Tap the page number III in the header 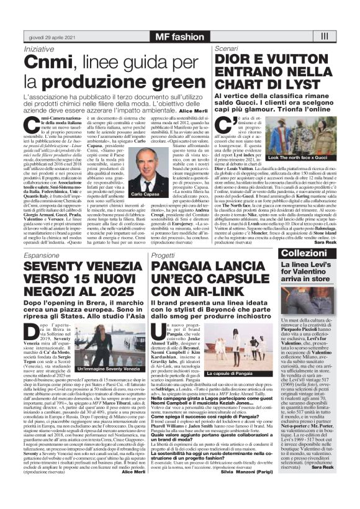[341, 36]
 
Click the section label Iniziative [38, 48]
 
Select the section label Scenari [227, 48]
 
